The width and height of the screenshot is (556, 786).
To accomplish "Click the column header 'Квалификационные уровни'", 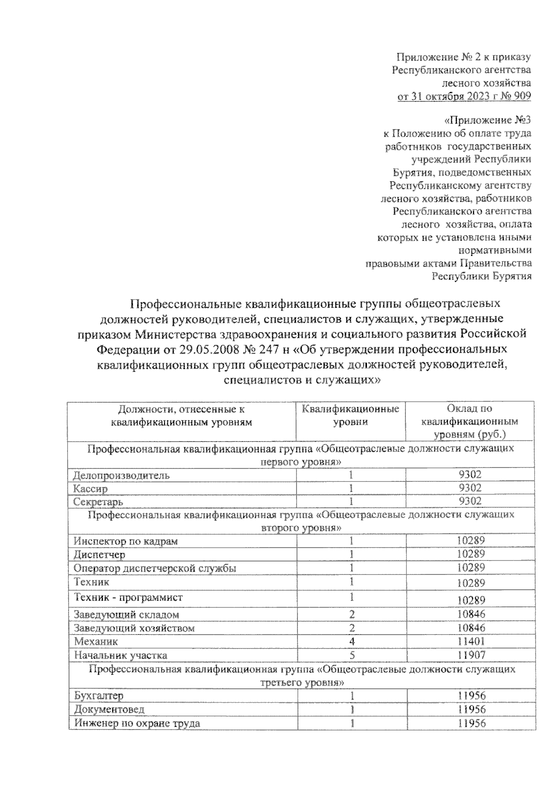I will pyautogui.click(x=350, y=415).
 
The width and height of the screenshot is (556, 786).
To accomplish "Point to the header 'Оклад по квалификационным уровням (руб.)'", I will pyautogui.click(x=469, y=421).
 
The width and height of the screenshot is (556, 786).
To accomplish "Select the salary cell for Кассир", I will pyautogui.click(x=470, y=488).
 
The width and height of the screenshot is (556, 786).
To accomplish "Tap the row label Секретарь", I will pyautogui.click(x=98, y=501).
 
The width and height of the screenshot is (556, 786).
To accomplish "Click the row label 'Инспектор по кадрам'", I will pyautogui.click(x=126, y=541).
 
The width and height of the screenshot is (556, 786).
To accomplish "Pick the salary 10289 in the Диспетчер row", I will pyautogui.click(x=470, y=554).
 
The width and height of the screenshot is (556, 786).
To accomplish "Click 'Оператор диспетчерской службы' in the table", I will pyautogui.click(x=155, y=568).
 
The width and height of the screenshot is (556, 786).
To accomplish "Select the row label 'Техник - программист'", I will pyautogui.click(x=128, y=597).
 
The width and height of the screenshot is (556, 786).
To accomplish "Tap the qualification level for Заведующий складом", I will pyautogui.click(x=352, y=614).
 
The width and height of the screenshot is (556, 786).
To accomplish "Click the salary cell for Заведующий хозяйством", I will pyautogui.click(x=470, y=628).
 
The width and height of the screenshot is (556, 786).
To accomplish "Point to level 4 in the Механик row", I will pyautogui.click(x=352, y=642).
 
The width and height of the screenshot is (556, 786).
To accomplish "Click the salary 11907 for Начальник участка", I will pyautogui.click(x=470, y=655).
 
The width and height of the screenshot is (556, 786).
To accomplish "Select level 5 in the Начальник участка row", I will pyautogui.click(x=352, y=655).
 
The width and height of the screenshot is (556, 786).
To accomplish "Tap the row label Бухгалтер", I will pyautogui.click(x=98, y=696).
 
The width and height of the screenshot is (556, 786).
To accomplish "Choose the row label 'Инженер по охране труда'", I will pyautogui.click(x=137, y=723).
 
